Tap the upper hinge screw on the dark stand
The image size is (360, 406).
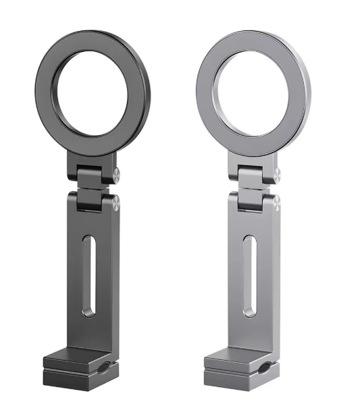[x=116, y=174]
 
